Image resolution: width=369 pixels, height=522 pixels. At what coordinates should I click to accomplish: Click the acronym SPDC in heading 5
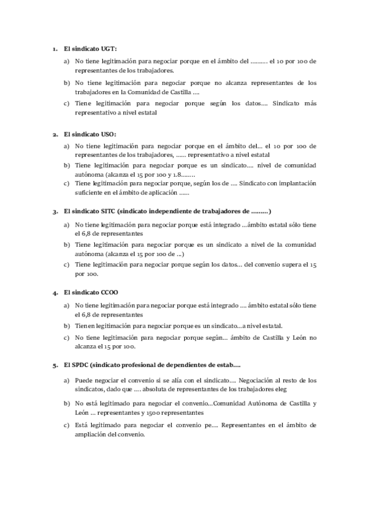coord(81,365)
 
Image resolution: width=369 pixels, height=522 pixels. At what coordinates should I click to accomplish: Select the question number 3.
coord(55,211)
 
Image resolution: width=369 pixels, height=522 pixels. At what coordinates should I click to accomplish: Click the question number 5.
coord(55,365)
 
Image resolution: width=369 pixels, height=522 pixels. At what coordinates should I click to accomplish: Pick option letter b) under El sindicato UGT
coord(67,82)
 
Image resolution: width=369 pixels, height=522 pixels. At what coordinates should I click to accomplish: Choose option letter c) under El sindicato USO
coord(67,183)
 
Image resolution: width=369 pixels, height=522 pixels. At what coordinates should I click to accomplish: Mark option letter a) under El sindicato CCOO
coord(67,305)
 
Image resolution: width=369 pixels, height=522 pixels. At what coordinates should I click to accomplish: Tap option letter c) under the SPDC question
coord(67,425)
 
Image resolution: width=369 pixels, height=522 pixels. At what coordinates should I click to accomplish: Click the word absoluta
coord(158,389)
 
